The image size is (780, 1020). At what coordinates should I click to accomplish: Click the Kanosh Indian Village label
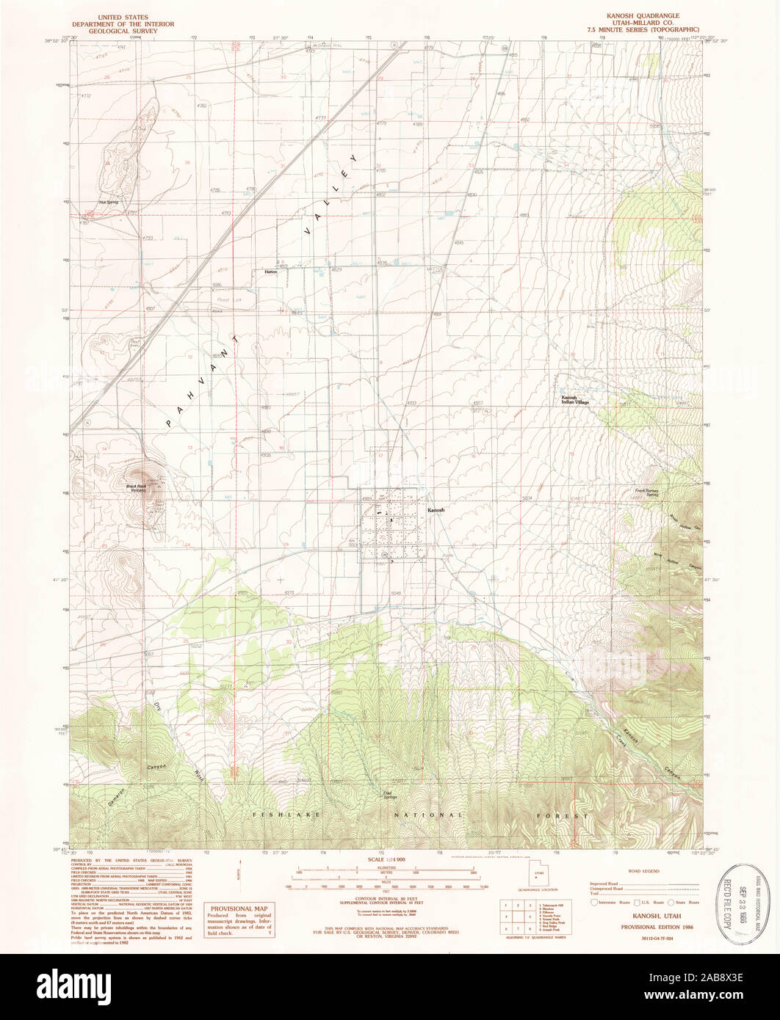click(x=576, y=400)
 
